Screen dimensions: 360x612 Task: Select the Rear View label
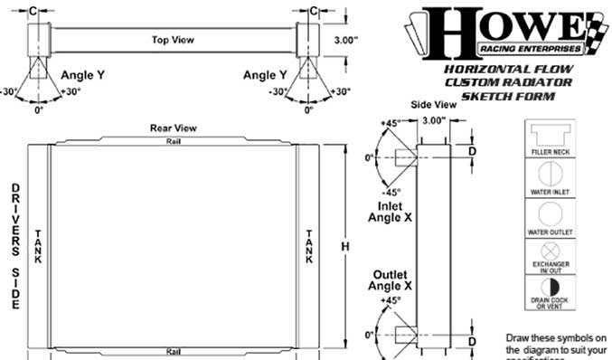click(x=168, y=128)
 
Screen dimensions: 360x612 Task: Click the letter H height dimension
click(x=344, y=247)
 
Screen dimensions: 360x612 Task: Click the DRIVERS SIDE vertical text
click(x=15, y=247)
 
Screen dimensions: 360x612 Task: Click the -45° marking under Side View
click(x=391, y=192)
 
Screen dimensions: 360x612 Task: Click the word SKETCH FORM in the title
click(x=507, y=94)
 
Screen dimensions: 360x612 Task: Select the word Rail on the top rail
click(x=172, y=142)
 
